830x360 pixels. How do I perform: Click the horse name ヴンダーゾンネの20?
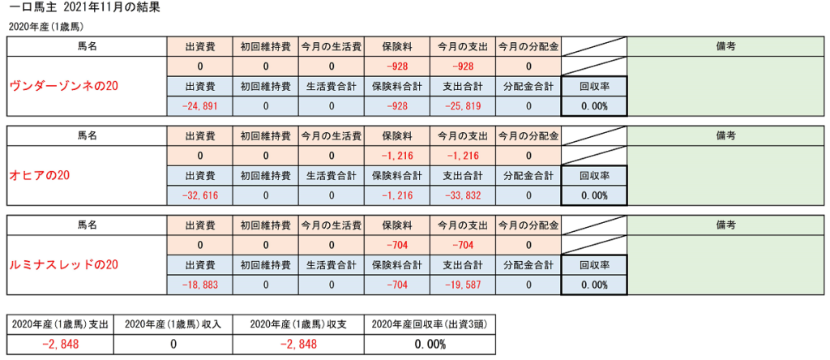[62, 86]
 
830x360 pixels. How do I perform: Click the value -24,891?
[199, 106]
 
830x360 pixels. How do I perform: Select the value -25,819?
[463, 106]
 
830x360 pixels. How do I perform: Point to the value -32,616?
[199, 195]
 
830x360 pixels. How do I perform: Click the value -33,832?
[463, 195]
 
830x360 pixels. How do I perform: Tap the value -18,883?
[199, 285]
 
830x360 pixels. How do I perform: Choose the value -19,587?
[463, 285]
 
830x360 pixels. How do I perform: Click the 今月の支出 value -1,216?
[463, 156]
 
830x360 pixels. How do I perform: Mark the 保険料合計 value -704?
[397, 285]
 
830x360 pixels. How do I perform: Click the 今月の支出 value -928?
[463, 66]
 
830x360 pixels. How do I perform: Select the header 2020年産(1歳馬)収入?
[173, 324]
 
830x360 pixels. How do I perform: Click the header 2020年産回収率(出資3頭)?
[430, 324]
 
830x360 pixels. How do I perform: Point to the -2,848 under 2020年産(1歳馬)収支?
[298, 345]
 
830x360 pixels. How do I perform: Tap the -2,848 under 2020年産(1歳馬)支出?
[60, 345]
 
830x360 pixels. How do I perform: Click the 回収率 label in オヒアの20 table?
[594, 175]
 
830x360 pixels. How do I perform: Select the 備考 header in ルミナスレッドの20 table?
[725, 225]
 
